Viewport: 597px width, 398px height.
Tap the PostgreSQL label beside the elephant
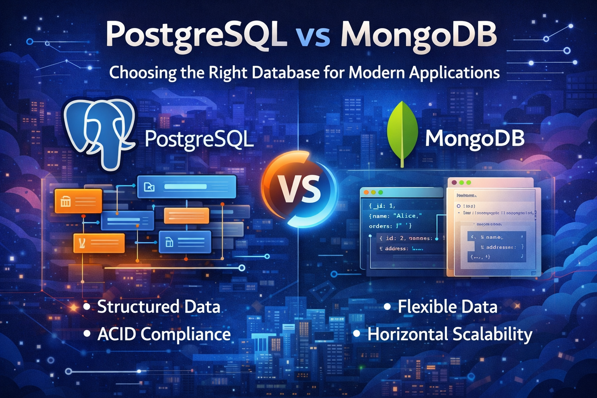(199, 139)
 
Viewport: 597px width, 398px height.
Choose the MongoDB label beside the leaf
(475, 138)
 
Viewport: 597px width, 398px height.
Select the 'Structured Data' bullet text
(159, 307)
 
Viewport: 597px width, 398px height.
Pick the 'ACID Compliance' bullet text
(164, 334)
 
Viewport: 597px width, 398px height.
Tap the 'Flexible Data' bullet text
(447, 307)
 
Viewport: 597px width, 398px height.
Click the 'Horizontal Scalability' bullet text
(450, 334)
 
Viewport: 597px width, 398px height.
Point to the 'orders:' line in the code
(381, 226)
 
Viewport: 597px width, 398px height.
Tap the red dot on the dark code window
(366, 192)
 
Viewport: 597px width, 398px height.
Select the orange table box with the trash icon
(78, 201)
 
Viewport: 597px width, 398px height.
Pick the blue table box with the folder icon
(187, 187)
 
